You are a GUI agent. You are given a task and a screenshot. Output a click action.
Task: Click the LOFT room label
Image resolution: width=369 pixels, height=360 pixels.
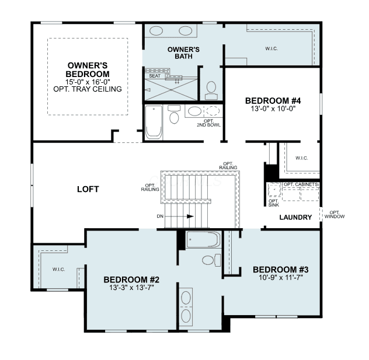(x=88, y=189)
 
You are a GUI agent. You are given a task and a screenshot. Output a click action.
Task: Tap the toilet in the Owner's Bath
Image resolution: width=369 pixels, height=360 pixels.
(x=211, y=90)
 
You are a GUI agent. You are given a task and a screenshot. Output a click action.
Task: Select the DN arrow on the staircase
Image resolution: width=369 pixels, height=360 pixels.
(x=179, y=216)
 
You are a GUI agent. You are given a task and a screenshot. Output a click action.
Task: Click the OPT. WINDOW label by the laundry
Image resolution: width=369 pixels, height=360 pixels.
(x=335, y=215)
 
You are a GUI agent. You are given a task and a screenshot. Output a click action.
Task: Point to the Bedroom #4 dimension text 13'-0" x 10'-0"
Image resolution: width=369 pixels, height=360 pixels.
(x=273, y=109)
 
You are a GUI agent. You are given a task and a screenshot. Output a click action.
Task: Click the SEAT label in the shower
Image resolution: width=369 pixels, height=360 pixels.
(x=155, y=76)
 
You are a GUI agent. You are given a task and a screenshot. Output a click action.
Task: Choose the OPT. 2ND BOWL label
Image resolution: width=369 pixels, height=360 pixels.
(x=209, y=123)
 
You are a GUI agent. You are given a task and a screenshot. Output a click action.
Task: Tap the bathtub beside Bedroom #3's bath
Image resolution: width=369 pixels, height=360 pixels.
(x=204, y=239)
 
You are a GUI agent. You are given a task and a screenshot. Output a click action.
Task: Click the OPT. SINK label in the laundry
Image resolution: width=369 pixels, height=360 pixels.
(x=274, y=203)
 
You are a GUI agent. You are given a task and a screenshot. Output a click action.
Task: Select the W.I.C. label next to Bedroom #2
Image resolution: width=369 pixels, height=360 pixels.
(x=59, y=270)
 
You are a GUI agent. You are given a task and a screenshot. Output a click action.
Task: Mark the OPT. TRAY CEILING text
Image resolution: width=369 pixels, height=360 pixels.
(x=88, y=89)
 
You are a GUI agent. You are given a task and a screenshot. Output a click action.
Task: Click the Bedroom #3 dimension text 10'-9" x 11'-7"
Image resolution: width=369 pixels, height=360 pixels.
(x=281, y=278)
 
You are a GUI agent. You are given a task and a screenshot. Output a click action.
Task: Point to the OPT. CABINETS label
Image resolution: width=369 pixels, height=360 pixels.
(x=301, y=184)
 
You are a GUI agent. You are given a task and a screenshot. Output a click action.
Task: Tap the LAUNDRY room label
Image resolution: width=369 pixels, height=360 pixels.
(x=295, y=217)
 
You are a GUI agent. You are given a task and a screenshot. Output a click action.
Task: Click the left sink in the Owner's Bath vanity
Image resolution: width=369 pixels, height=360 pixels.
(x=156, y=31)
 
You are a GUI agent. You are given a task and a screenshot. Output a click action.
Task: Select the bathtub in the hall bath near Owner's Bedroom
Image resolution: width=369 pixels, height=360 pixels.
(x=154, y=122)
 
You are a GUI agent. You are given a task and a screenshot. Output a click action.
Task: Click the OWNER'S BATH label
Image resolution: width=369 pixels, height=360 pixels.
(x=183, y=53)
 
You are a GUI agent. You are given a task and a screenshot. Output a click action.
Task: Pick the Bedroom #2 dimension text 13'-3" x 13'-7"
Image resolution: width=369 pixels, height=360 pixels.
(x=131, y=288)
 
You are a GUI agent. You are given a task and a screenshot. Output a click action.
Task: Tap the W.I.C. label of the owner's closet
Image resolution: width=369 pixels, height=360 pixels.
(x=271, y=48)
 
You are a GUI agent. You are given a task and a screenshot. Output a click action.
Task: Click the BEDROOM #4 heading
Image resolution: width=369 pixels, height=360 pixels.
(x=273, y=100)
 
